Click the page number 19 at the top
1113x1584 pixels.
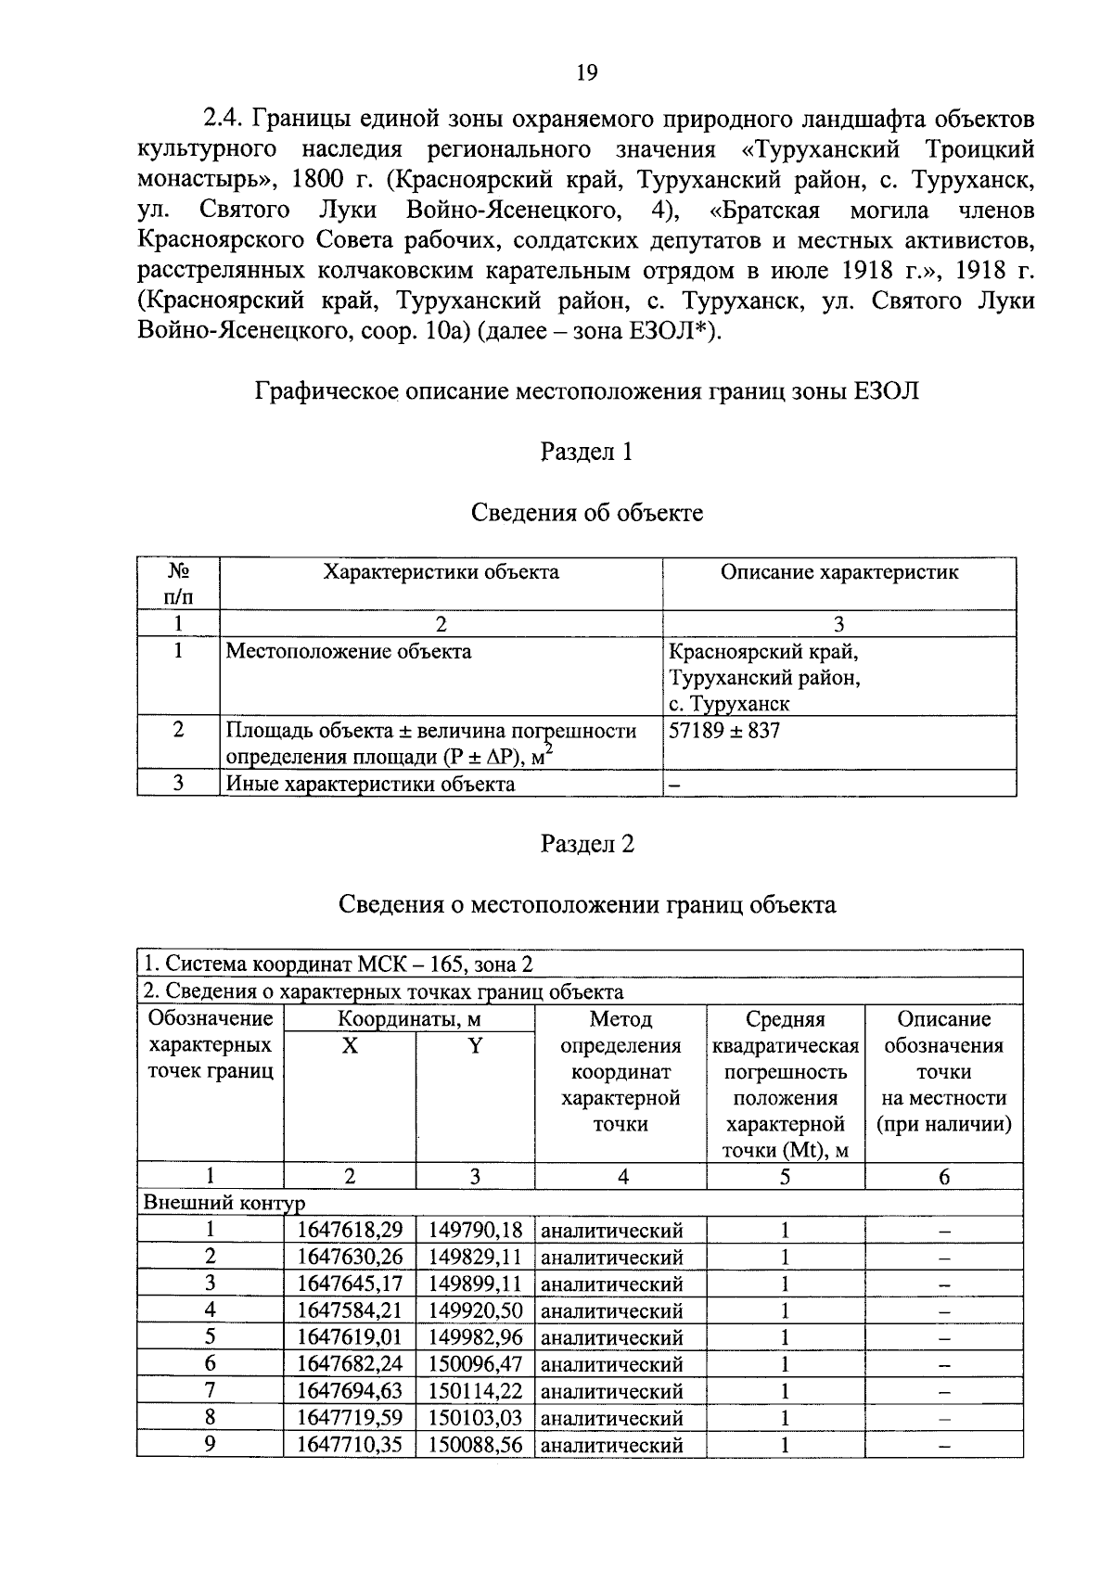pyautogui.click(x=586, y=73)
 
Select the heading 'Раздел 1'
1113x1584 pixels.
pyautogui.click(x=586, y=452)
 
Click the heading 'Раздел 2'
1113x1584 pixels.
pyautogui.click(x=586, y=844)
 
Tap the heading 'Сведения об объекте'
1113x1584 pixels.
pyautogui.click(x=586, y=512)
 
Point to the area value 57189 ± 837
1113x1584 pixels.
pyautogui.click(x=724, y=730)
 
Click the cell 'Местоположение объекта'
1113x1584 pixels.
pyautogui.click(x=349, y=651)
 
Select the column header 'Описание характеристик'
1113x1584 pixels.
pyautogui.click(x=838, y=571)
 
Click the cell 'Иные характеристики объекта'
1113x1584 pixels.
pyautogui.click(x=371, y=784)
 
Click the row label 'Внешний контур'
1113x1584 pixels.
pyautogui.click(x=224, y=1203)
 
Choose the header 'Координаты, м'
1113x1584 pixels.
pyautogui.click(x=409, y=1019)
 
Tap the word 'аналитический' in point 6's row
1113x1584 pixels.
pyautogui.click(x=611, y=1364)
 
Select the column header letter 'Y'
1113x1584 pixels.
pyautogui.click(x=475, y=1046)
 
